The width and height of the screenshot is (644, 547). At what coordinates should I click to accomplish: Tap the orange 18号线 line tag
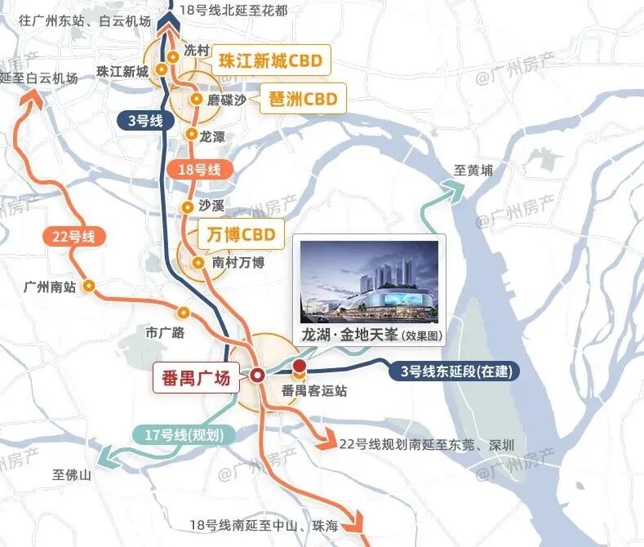[x=200, y=170]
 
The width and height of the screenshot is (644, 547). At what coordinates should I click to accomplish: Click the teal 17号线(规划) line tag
[x=182, y=435]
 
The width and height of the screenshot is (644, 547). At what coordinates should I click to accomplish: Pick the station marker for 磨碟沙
[x=196, y=99]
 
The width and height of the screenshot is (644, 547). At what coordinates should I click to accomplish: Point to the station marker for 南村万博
[x=198, y=263]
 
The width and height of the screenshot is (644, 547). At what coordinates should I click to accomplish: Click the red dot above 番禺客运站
[x=300, y=367]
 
